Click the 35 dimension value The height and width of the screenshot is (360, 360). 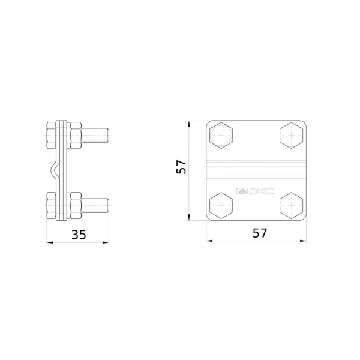pyautogui.click(x=79, y=235)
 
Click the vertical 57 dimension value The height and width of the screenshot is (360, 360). pyautogui.click(x=181, y=167)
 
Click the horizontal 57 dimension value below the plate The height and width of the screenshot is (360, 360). pyautogui.click(x=260, y=233)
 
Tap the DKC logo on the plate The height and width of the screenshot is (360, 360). pyautogui.click(x=254, y=191)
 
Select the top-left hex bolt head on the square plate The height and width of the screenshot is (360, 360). pyautogui.click(x=221, y=136)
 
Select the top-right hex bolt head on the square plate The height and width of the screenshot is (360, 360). pyautogui.click(x=291, y=136)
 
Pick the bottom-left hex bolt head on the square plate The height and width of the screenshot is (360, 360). pyautogui.click(x=221, y=205)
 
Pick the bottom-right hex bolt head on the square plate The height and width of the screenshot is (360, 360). pyautogui.click(x=291, y=205)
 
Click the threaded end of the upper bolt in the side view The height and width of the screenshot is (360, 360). pyautogui.click(x=95, y=136)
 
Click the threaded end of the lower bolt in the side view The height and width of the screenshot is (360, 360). pyautogui.click(x=95, y=205)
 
